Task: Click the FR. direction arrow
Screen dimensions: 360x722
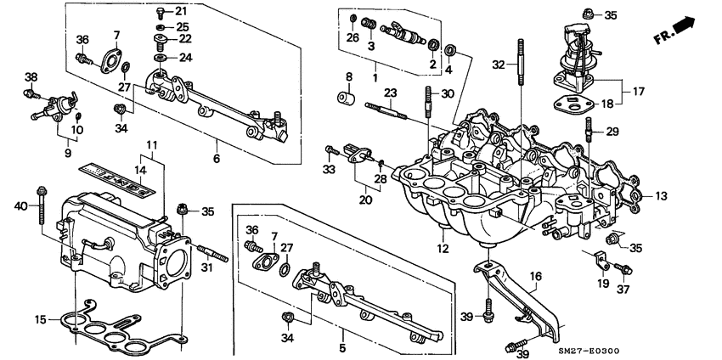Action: pos(691,33)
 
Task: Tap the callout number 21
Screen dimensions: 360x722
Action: pos(181,11)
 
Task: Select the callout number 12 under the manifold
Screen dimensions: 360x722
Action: pos(443,249)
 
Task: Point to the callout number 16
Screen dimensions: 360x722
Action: pos(535,276)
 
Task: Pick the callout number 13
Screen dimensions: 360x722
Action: pos(662,196)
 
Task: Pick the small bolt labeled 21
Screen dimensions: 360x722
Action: pos(161,12)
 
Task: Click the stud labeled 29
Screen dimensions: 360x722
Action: pos(588,132)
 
